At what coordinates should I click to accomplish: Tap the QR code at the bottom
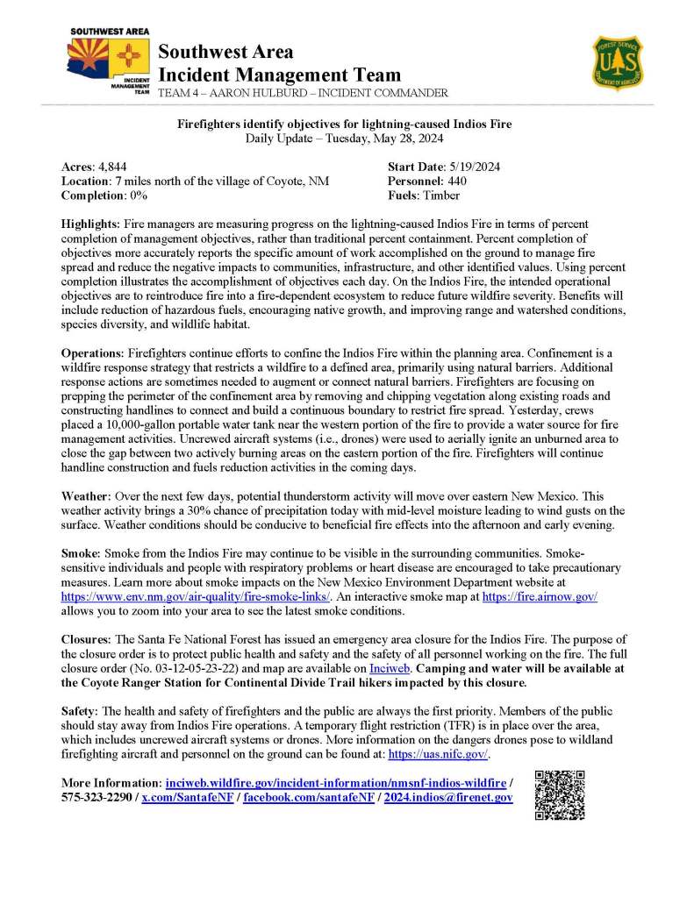(x=559, y=794)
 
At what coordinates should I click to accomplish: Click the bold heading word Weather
(x=84, y=496)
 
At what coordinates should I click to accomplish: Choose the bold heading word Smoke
(x=81, y=554)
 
